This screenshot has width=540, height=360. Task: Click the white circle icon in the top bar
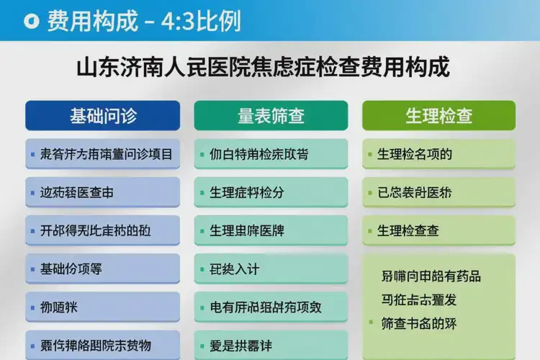(29, 21)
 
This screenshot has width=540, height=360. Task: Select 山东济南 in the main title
(113, 69)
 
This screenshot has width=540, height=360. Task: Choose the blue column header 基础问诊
(102, 116)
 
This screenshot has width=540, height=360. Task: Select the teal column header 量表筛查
(271, 116)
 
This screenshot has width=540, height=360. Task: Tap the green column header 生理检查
(438, 116)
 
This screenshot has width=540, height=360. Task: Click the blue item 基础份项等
(71, 269)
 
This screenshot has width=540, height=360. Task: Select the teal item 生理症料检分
(246, 193)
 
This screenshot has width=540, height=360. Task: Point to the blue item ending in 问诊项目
(107, 154)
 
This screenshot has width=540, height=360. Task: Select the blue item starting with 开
(96, 231)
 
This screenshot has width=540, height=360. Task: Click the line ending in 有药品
(431, 276)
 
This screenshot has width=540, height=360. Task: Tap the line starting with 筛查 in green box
(418, 323)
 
